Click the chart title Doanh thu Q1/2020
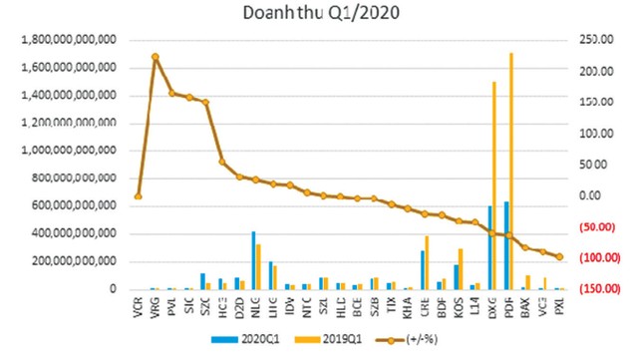[318, 14]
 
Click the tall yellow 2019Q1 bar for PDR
[510, 170]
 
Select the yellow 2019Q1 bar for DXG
[493, 184]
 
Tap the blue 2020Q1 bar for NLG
[253, 260]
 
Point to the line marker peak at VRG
[155, 57]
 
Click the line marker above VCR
[138, 196]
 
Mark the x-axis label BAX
[526, 305]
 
